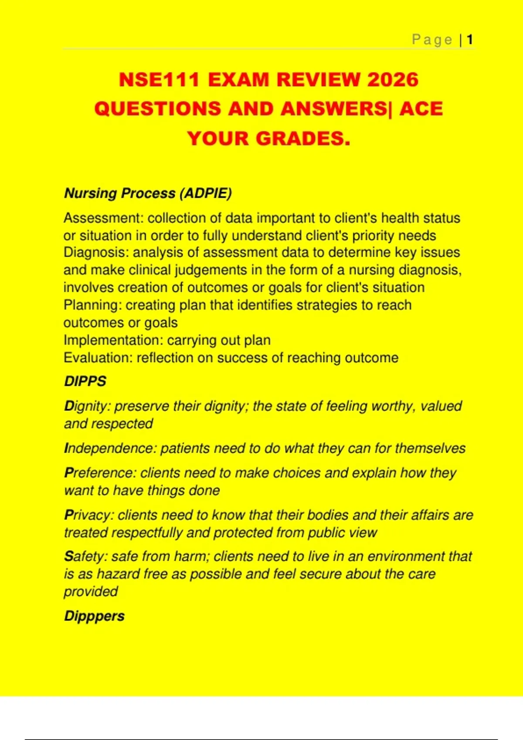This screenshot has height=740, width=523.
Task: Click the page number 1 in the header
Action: (x=470, y=40)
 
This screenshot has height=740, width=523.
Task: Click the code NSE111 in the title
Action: (x=159, y=80)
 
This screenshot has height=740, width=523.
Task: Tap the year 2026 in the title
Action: (x=393, y=80)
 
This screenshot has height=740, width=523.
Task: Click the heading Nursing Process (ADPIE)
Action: (x=148, y=193)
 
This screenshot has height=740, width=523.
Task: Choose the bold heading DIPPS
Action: (x=85, y=381)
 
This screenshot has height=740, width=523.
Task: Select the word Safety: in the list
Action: (x=85, y=556)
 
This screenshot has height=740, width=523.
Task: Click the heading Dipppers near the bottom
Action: (x=94, y=616)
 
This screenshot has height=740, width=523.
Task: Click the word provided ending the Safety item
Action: (x=91, y=592)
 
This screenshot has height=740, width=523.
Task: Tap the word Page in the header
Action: (x=432, y=40)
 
